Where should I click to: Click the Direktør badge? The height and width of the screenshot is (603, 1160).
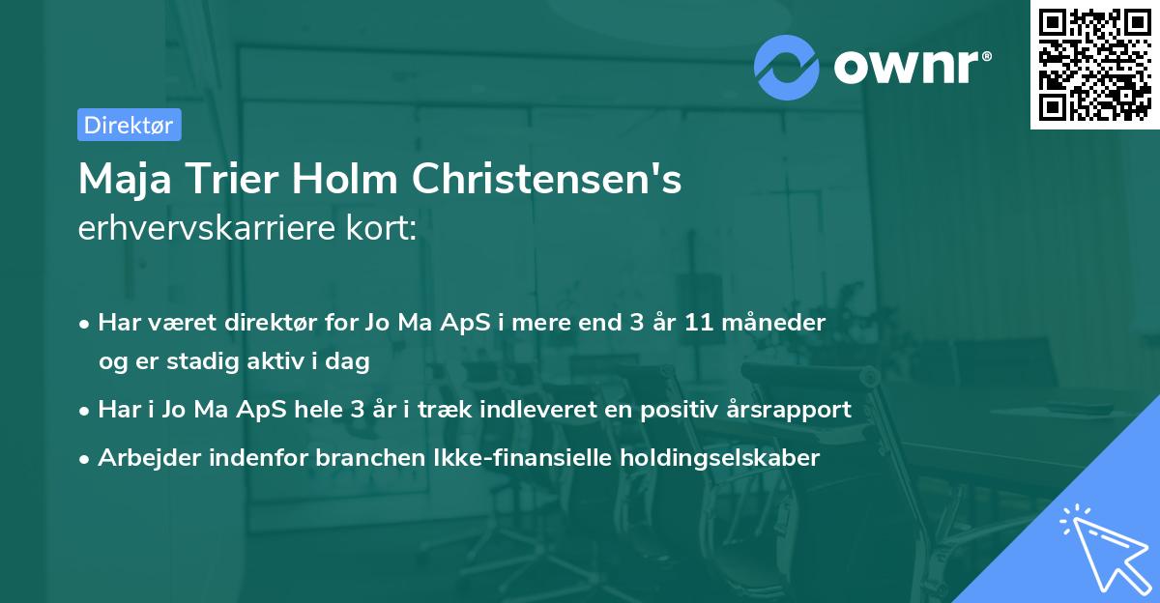click(129, 125)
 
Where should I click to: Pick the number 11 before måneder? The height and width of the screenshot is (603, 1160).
click(699, 323)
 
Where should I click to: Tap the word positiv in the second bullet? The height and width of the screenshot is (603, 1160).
click(676, 410)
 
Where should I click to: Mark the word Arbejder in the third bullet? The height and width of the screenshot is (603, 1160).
click(142, 458)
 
